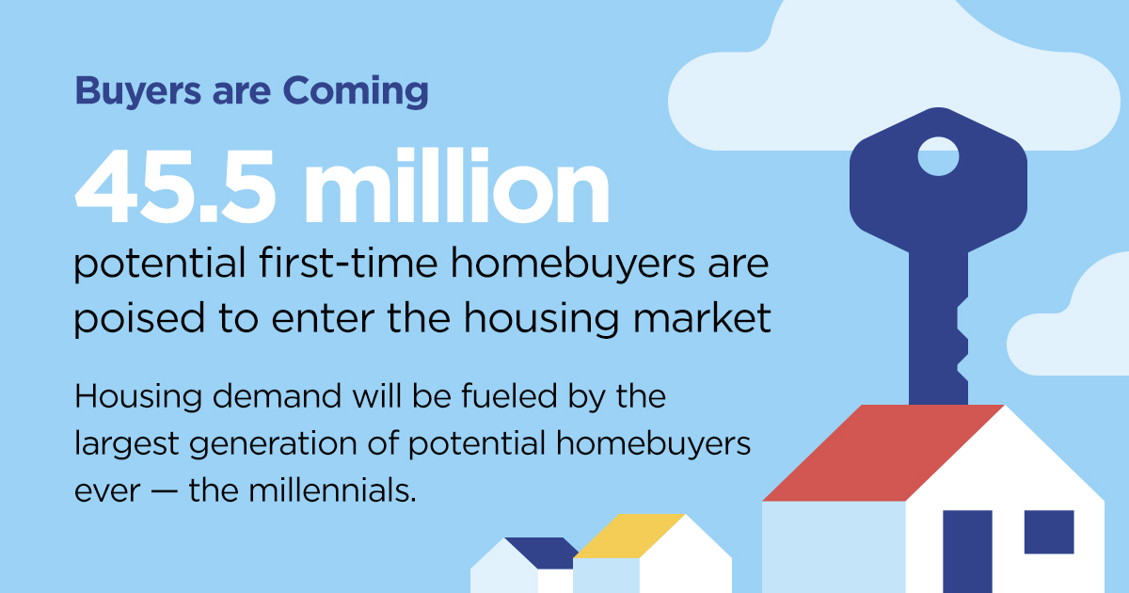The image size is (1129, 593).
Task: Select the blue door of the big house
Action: tap(967, 551)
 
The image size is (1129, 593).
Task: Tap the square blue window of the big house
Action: tap(1049, 531)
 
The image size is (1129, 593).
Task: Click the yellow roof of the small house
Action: tap(626, 535)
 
